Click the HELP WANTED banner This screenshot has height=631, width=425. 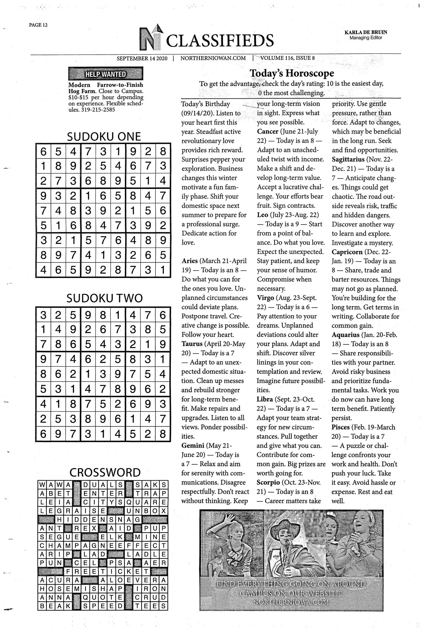106,74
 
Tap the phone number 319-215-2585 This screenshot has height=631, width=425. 98,110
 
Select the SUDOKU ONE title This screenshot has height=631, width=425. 104,137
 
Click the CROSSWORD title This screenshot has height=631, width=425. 105,473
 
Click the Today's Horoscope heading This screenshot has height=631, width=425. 291,73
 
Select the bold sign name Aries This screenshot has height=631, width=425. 189,261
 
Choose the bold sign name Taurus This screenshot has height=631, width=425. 192,344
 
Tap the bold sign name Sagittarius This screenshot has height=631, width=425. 348,159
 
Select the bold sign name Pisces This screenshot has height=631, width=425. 341,427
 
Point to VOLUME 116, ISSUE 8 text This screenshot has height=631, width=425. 288,58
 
